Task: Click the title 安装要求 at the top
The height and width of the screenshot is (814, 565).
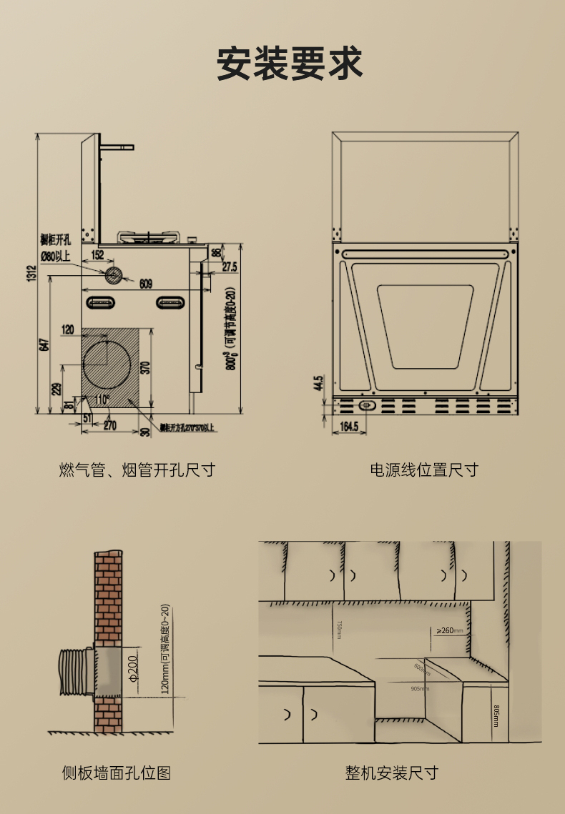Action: (x=290, y=64)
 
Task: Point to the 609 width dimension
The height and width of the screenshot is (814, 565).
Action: (x=145, y=284)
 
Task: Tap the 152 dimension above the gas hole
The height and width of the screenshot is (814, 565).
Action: (x=97, y=254)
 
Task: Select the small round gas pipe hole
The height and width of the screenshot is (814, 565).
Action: (x=114, y=274)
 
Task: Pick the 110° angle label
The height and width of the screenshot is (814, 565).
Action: (x=101, y=399)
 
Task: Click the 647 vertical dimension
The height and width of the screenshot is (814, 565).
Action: (x=44, y=344)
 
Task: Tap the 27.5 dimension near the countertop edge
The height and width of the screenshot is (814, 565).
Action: (x=229, y=267)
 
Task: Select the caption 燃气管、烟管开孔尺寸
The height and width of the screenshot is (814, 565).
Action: (x=137, y=470)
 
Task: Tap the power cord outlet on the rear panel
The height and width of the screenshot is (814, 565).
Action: (x=366, y=405)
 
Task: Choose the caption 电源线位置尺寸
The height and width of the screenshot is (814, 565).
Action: (x=423, y=470)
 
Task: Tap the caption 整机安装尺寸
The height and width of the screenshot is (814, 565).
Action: (x=391, y=773)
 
